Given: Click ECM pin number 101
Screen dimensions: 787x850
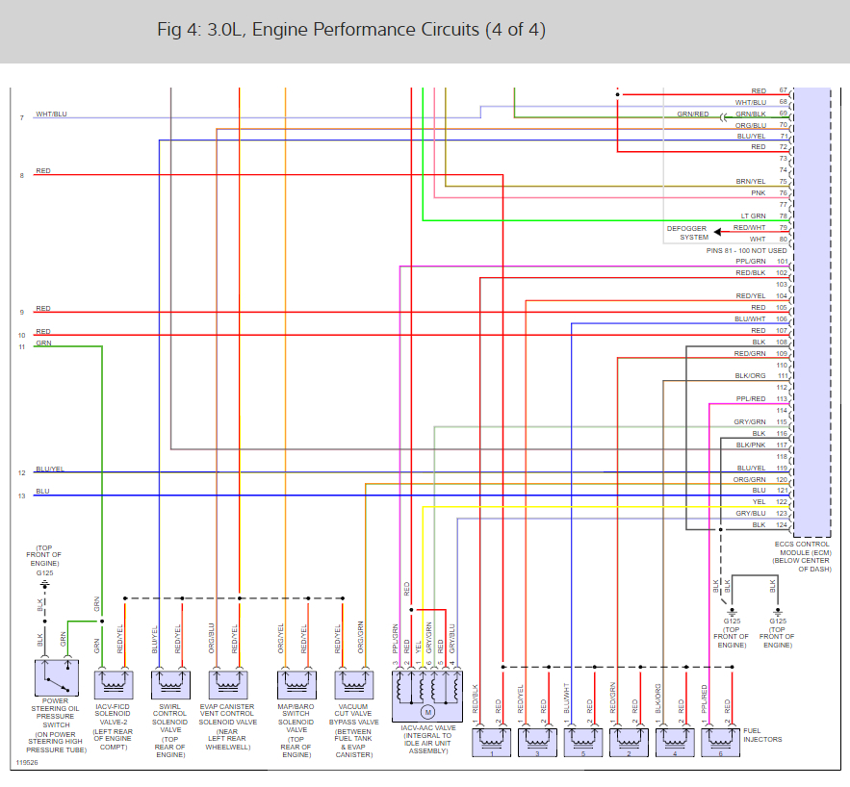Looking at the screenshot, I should [783, 262].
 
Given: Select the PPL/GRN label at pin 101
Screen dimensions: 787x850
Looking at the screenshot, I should [751, 262].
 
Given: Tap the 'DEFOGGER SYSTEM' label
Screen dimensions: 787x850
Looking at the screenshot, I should [687, 233].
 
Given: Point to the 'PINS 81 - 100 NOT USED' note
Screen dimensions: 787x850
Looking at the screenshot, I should [747, 250].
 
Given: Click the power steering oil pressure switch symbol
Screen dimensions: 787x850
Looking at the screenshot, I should [56, 679].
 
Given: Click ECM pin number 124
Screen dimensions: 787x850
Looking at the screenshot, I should [783, 525].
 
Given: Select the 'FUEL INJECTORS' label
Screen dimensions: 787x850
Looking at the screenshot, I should [762, 735].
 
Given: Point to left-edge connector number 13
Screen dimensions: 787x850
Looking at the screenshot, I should [22, 496].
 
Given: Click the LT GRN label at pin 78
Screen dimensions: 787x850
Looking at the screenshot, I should [753, 216].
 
